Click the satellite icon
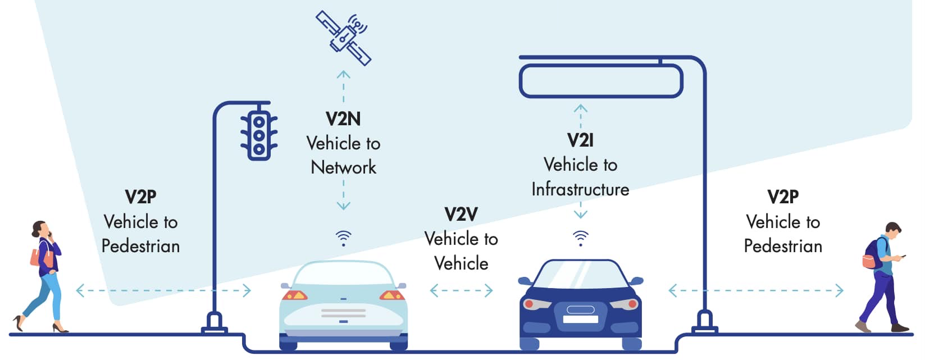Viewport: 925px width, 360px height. point(343,38)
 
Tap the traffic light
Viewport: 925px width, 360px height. point(259,135)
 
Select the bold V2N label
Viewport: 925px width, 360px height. point(343,119)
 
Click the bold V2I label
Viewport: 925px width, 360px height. point(580,140)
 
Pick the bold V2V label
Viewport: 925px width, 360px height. point(461,215)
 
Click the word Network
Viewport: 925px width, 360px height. point(344,167)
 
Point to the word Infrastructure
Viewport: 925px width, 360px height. point(580,189)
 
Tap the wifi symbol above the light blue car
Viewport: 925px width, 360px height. point(344,239)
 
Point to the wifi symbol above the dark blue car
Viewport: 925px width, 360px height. point(581,238)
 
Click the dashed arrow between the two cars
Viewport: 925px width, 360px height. point(461,291)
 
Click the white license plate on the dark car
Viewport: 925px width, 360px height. point(580,319)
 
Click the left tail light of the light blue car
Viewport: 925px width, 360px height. point(294,295)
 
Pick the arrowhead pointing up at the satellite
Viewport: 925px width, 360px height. point(343,75)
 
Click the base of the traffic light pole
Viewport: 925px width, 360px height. point(215,323)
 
